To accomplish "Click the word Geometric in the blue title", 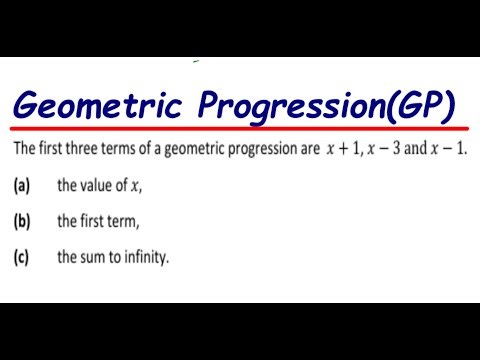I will (96, 103).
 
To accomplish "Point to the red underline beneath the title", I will (240, 130).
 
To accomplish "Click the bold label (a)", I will (21, 186).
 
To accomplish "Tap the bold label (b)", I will (21, 222).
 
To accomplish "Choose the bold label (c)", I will (21, 257).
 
